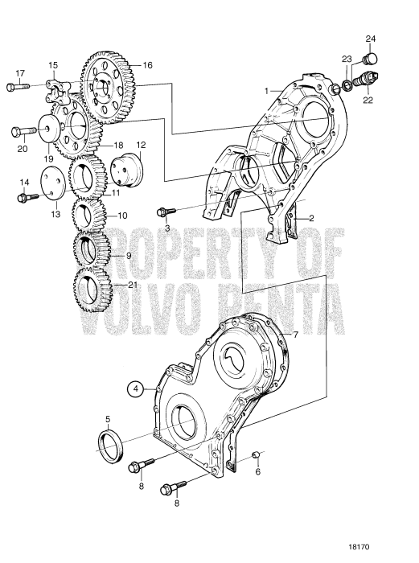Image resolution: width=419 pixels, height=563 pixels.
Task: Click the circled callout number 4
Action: pos(138,388)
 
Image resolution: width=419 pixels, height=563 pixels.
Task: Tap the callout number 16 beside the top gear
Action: pos(147,65)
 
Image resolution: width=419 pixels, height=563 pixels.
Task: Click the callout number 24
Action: pos(370,39)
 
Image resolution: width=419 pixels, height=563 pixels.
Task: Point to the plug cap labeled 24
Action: pos(372,59)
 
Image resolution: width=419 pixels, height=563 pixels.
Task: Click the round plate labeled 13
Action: pos(53,183)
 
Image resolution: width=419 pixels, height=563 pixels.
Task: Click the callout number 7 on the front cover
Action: pos(295,333)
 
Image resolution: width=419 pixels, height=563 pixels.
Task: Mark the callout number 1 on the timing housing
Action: pos(267,92)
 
